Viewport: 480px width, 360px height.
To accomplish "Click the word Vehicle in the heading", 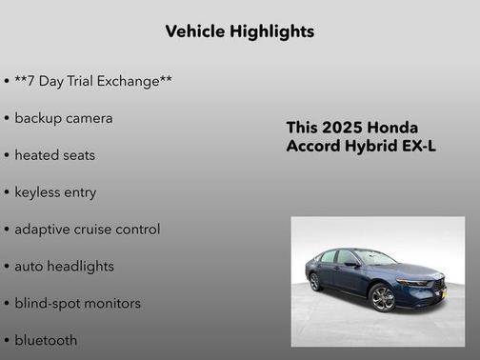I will coord(196,31).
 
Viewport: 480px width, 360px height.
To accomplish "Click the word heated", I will coord(37,155).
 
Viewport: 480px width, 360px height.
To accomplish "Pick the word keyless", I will coord(39,192).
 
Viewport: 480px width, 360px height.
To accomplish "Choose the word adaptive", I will coord(44,230).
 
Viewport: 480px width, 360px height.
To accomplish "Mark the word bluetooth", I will coord(46,340).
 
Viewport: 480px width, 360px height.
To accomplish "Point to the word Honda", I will coord(391,128).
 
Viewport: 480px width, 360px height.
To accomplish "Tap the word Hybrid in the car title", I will coord(372,146).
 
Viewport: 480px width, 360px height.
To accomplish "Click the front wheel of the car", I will coord(382,299).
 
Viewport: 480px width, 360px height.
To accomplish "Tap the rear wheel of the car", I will coord(315,282).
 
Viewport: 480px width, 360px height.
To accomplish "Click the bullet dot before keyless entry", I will coord(7,192).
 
